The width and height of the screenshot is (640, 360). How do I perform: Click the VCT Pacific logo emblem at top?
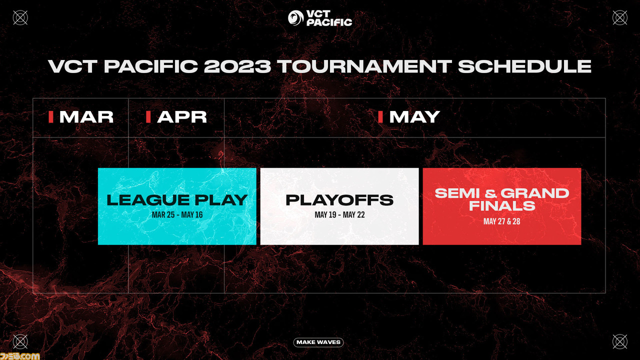(x=295, y=17)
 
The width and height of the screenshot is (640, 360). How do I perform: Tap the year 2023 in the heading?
(x=237, y=66)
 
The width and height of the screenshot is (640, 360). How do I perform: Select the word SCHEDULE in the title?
(x=524, y=66)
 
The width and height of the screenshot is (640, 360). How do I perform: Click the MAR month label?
(x=86, y=117)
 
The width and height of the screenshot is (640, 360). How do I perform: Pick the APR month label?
(x=181, y=117)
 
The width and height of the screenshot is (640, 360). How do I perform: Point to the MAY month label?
(x=414, y=117)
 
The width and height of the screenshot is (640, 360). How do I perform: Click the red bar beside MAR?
(x=51, y=117)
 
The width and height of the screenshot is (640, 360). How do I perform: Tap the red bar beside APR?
(x=148, y=117)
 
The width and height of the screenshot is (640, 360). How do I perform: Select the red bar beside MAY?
(x=380, y=117)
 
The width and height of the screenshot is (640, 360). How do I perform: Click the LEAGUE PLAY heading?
(x=177, y=200)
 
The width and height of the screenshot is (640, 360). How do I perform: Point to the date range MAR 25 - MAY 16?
(x=177, y=215)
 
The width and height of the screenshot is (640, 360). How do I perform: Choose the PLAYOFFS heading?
(x=339, y=200)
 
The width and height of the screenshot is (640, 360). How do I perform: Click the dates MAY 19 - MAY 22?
(x=339, y=215)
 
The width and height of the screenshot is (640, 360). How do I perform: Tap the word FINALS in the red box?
(x=502, y=205)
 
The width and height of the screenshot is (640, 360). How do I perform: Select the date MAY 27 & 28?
(x=501, y=221)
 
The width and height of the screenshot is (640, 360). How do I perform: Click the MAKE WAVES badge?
(x=318, y=342)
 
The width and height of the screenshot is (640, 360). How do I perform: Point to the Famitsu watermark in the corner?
(x=19, y=356)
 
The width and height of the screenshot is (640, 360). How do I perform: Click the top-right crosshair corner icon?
(x=619, y=17)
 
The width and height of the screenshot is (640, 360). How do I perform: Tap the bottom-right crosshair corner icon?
(x=619, y=341)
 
